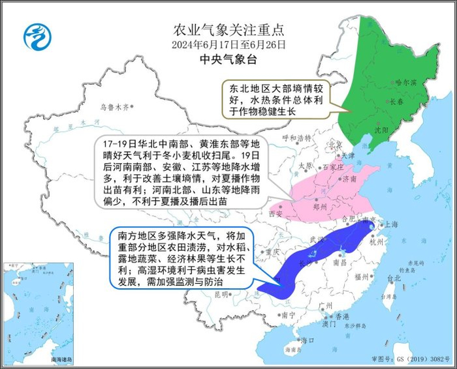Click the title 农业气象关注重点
click(x=228, y=29)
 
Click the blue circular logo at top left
click(x=37, y=37)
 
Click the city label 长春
click(x=398, y=101)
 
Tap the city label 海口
click(x=307, y=340)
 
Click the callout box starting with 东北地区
click(x=275, y=98)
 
